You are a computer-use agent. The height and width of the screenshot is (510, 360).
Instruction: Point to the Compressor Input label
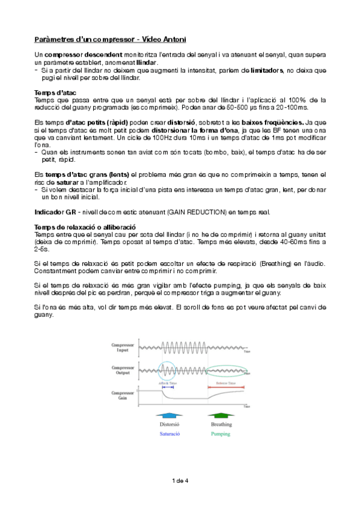coord(123,347)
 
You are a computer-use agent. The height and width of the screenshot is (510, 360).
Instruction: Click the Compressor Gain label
coord(123,395)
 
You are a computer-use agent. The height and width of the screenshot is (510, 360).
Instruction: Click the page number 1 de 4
coord(180,481)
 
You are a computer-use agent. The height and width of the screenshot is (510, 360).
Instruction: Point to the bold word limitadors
coord(266,70)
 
